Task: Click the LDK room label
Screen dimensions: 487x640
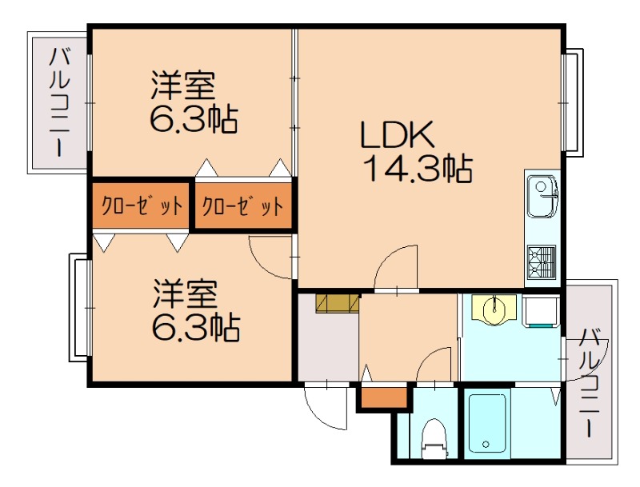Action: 397,135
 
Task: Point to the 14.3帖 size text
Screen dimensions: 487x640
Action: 417,170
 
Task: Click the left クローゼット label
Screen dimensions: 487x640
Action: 141,206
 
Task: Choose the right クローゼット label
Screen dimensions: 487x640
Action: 242,206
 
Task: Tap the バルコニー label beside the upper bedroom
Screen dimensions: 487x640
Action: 58,102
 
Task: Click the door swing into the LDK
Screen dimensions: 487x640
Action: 398,268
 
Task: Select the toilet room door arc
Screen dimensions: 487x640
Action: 436,366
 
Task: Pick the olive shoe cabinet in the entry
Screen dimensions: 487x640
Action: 337,304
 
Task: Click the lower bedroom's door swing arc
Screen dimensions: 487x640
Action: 270,256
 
